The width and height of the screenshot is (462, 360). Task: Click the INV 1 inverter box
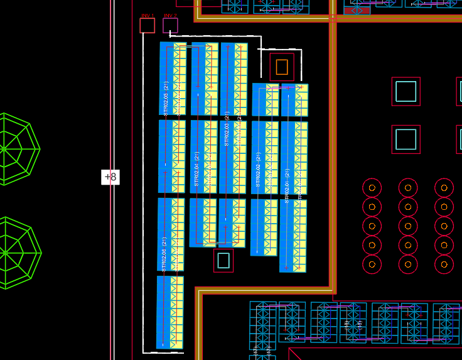pyautogui.click(x=147, y=25)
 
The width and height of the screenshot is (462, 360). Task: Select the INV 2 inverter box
pyautogui.click(x=170, y=26)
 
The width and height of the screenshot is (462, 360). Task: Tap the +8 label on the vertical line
pyautogui.click(x=110, y=177)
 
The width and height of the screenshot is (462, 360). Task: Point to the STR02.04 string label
pyautogui.click(x=196, y=169)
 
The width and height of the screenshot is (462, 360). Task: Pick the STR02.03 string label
pyautogui.click(x=227, y=129)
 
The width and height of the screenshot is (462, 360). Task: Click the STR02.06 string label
pyautogui.click(x=164, y=254)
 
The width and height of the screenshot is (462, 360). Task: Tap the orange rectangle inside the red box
pyautogui.click(x=282, y=67)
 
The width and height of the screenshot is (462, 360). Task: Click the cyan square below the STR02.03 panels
pyautogui.click(x=223, y=260)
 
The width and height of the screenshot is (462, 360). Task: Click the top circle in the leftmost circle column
pyautogui.click(x=372, y=187)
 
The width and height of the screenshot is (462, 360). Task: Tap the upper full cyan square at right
pyautogui.click(x=406, y=92)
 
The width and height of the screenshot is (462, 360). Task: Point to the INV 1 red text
pyautogui.click(x=147, y=15)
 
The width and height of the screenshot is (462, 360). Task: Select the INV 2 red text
pyautogui.click(x=170, y=15)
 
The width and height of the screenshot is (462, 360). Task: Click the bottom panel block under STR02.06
pyautogui.click(x=169, y=312)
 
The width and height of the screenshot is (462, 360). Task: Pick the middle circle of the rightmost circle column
pyautogui.click(x=444, y=226)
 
